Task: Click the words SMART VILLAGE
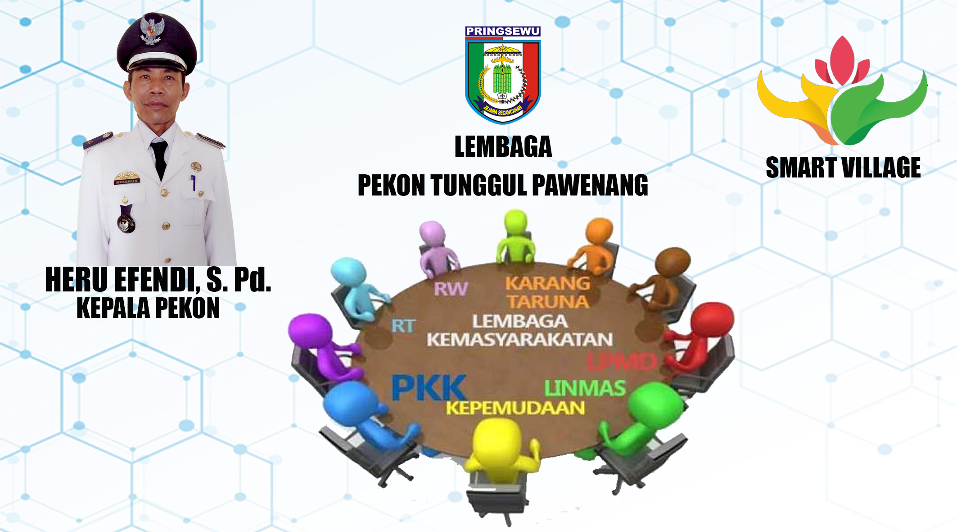point(843,168)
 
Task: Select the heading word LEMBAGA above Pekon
point(503,147)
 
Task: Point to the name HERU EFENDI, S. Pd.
point(158,280)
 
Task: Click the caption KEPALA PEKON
point(148,308)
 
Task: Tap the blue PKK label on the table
point(428,388)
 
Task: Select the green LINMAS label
point(585,388)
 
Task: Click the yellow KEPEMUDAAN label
point(515,408)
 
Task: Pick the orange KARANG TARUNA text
point(547,292)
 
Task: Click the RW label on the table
point(451,289)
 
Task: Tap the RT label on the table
point(403,326)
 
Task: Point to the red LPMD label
point(622,362)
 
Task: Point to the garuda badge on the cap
point(152,30)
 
